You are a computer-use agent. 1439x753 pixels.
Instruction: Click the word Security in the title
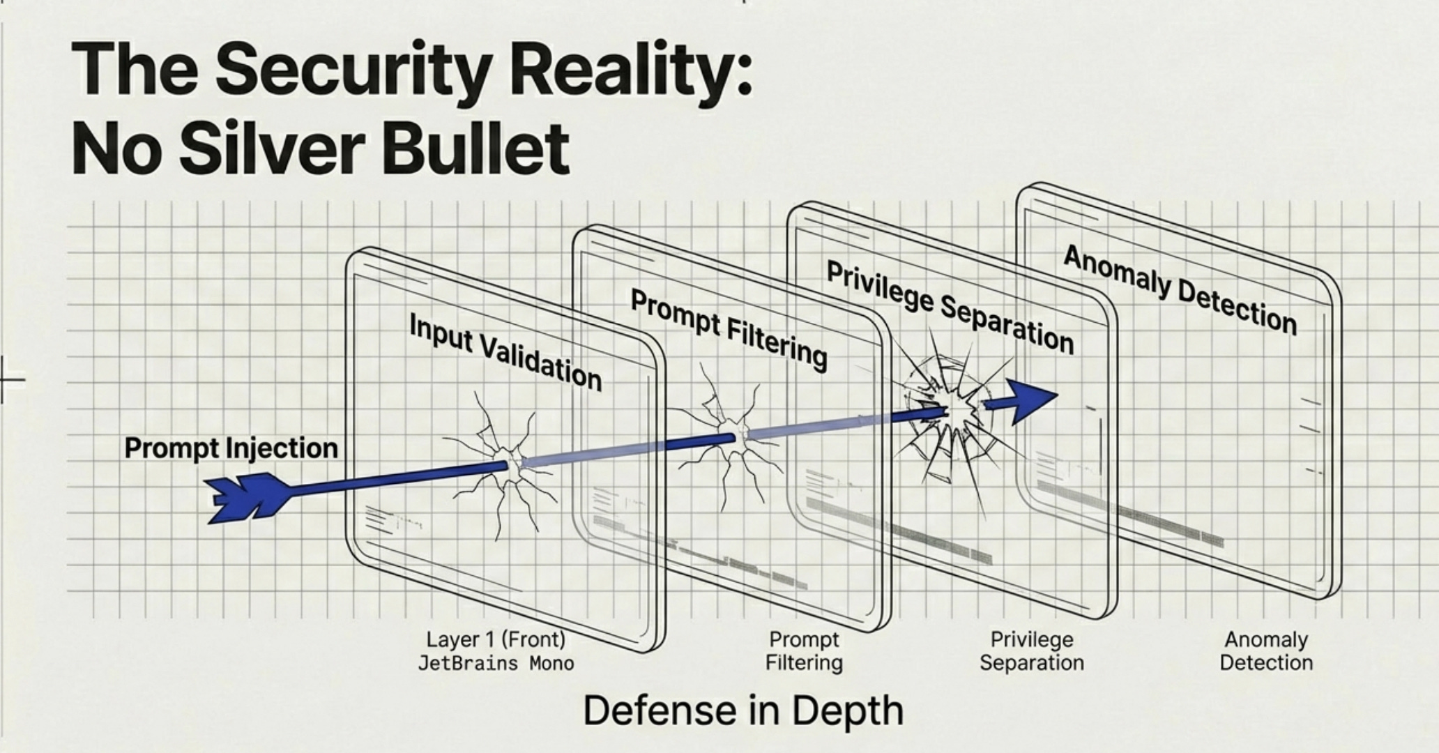coord(359,70)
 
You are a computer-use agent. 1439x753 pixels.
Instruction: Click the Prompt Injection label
coord(231,448)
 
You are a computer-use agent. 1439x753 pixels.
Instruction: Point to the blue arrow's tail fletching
coord(241,498)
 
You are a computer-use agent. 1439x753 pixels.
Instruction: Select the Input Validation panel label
coord(505,352)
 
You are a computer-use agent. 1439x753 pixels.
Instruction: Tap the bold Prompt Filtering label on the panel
coord(729,330)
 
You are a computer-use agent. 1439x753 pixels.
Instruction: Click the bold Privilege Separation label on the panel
coord(950,307)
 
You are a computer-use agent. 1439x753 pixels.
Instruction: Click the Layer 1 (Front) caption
coord(496,639)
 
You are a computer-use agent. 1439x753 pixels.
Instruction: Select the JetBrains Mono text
coord(496,663)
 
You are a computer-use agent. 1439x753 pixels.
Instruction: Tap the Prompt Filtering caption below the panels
coord(804,651)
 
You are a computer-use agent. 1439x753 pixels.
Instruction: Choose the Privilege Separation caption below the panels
coord(1032,651)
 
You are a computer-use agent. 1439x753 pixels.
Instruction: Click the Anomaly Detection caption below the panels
coord(1266,651)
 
